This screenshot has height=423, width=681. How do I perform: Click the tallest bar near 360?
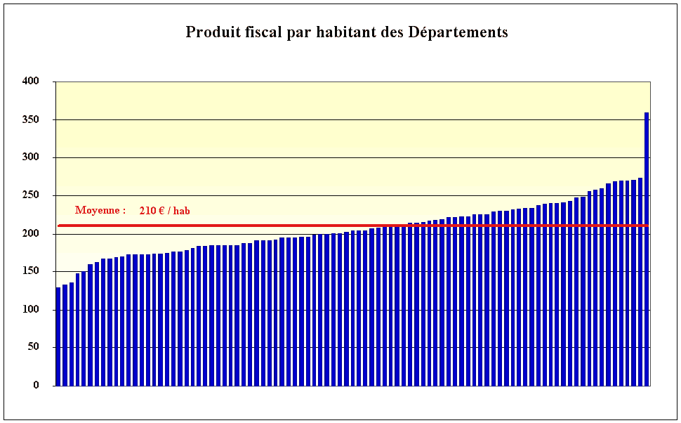coord(647,246)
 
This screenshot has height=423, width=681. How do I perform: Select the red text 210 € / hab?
coord(164,210)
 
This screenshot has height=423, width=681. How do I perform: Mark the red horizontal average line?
coord(351,226)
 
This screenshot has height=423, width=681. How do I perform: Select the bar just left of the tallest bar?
coord(640,281)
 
